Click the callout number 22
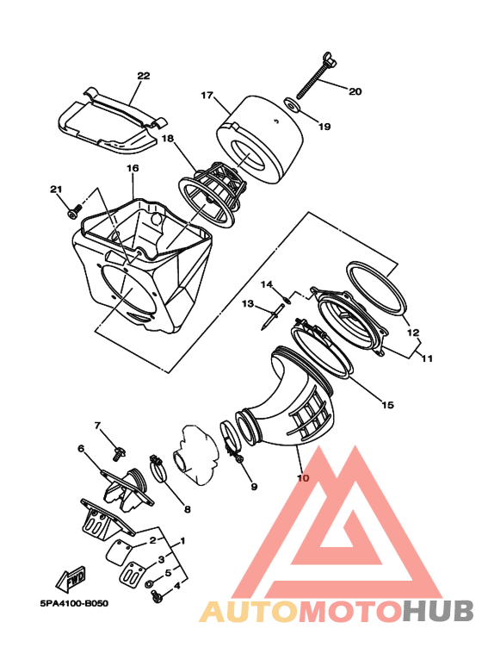point(144,76)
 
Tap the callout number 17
point(207,95)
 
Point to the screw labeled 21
point(74,211)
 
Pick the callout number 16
point(133,168)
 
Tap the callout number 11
point(427,358)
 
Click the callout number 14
point(267,284)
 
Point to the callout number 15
point(387,405)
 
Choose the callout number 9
point(254,486)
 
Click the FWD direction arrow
point(71,579)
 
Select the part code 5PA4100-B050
point(74,603)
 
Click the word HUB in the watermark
point(438,612)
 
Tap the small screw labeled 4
point(156,598)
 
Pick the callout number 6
point(81,448)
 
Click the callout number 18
point(168,139)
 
